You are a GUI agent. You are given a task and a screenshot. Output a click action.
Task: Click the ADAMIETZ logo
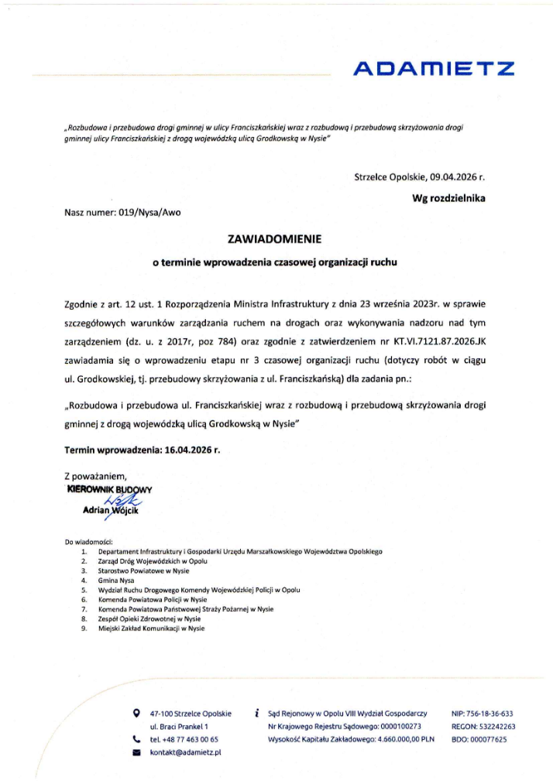(433, 69)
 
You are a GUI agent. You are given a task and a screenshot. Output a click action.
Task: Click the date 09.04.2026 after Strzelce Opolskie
(456, 176)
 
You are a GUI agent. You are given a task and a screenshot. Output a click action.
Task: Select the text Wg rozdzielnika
(448, 198)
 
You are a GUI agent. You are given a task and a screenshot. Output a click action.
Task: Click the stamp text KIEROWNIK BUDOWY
(111, 489)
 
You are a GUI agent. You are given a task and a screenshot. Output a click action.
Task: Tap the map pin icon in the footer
(137, 712)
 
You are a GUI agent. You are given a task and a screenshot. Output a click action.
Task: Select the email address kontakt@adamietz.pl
(186, 752)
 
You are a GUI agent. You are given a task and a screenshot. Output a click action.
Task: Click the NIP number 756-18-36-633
(482, 713)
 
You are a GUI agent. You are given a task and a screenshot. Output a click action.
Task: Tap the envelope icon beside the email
(137, 752)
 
